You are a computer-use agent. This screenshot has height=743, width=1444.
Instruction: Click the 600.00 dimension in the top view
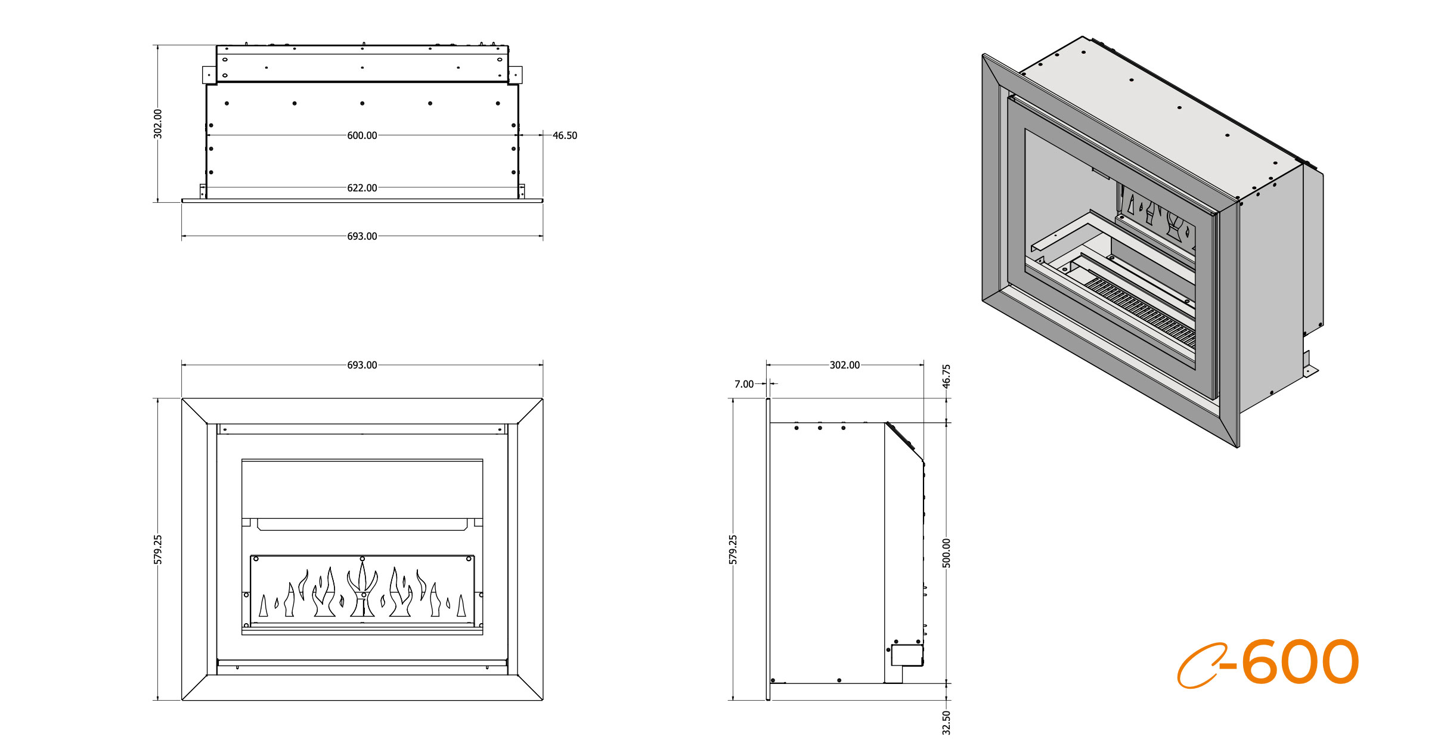point(362,135)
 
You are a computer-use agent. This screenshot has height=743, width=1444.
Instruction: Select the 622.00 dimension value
point(362,188)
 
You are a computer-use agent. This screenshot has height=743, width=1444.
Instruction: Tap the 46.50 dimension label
point(564,135)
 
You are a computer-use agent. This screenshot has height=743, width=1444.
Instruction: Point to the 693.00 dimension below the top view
point(362,236)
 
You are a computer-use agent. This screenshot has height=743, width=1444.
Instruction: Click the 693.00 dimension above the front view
point(362,365)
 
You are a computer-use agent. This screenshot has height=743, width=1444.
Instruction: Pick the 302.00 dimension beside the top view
point(158,123)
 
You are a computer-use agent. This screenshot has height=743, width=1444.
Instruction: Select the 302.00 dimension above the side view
point(844,365)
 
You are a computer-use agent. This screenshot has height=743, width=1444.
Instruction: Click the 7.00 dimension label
point(743,384)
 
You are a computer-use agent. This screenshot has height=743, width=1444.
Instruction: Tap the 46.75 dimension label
point(946,376)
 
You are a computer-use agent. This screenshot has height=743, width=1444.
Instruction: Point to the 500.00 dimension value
point(946,553)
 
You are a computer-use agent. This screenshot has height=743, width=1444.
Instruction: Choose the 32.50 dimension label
point(946,722)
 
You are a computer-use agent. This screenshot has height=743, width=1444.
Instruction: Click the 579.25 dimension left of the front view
point(158,549)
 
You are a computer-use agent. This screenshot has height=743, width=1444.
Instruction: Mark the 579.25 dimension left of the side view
point(733,549)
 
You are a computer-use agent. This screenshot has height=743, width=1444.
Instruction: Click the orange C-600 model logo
point(1268,663)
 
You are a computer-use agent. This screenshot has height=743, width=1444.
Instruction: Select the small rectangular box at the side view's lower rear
point(906,655)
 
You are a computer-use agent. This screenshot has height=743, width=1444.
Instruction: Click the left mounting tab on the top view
point(209,75)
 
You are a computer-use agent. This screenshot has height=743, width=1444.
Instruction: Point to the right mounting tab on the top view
point(516,75)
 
